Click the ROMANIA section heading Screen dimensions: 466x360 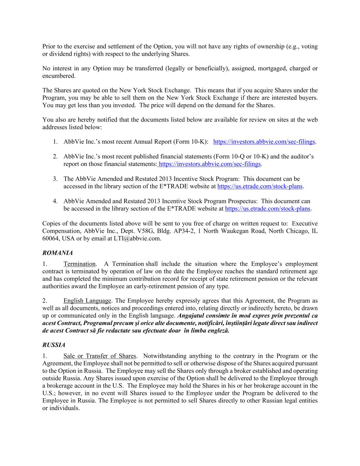[x=57, y=253]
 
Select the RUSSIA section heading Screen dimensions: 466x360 [x=54, y=345]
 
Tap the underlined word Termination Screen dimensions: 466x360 [x=80, y=264]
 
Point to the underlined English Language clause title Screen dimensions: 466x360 [x=87, y=301]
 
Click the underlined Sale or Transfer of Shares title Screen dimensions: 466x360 [x=100, y=356]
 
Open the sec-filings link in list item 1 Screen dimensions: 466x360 [x=264, y=142]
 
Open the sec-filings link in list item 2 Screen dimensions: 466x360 [x=210, y=164]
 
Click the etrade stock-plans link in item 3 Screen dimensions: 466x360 [x=260, y=186]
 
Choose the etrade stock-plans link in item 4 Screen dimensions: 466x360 [x=268, y=209]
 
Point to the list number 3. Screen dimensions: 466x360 [x=55, y=179]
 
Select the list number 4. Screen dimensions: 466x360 [x=55, y=201]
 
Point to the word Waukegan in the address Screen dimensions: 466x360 [x=237, y=231]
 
